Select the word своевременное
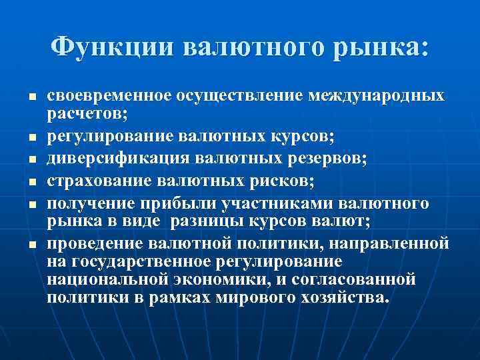pyautogui.click(x=109, y=95)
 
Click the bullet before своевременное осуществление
pyautogui.click(x=31, y=97)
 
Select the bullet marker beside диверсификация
pyautogui.click(x=31, y=160)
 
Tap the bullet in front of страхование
pyautogui.click(x=31, y=182)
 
